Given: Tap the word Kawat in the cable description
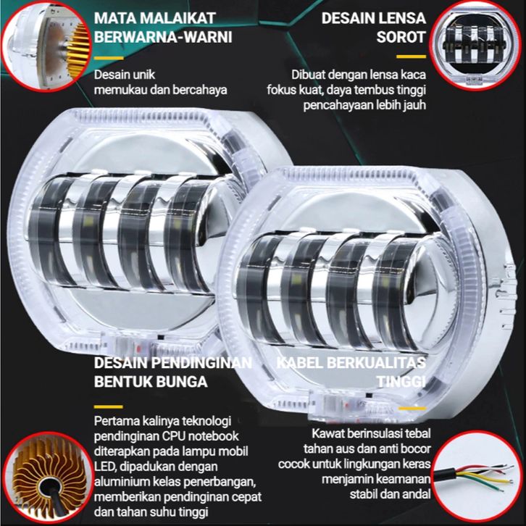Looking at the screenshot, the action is click(328, 434).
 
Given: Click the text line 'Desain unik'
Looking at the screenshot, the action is click(125, 75).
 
